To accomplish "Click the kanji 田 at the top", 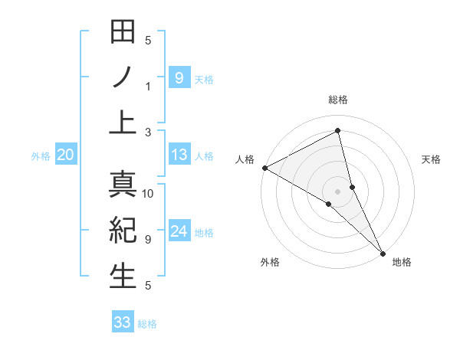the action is [x=123, y=33].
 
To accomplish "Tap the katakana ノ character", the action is [x=123, y=77].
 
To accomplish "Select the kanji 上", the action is [x=123, y=123].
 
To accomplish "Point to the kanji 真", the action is [x=123, y=185].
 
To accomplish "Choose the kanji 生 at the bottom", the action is [x=123, y=277].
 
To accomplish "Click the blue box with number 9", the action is [x=179, y=77].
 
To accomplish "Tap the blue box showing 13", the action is [x=179, y=155].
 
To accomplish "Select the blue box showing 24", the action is [x=179, y=231].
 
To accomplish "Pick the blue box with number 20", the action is [x=65, y=155].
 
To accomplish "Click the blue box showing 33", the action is [x=123, y=322].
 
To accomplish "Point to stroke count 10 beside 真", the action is [x=148, y=194].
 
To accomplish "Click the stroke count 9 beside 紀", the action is [x=148, y=240].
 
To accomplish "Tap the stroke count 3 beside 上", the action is [x=148, y=132].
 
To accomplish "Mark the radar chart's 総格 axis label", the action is [x=338, y=100].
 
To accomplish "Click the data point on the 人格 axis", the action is [x=264, y=168].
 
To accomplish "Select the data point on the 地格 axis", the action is [x=383, y=252].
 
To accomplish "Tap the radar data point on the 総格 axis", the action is [x=338, y=130].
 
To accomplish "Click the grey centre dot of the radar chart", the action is [x=338, y=190].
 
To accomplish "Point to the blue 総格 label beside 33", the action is [x=147, y=323].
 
